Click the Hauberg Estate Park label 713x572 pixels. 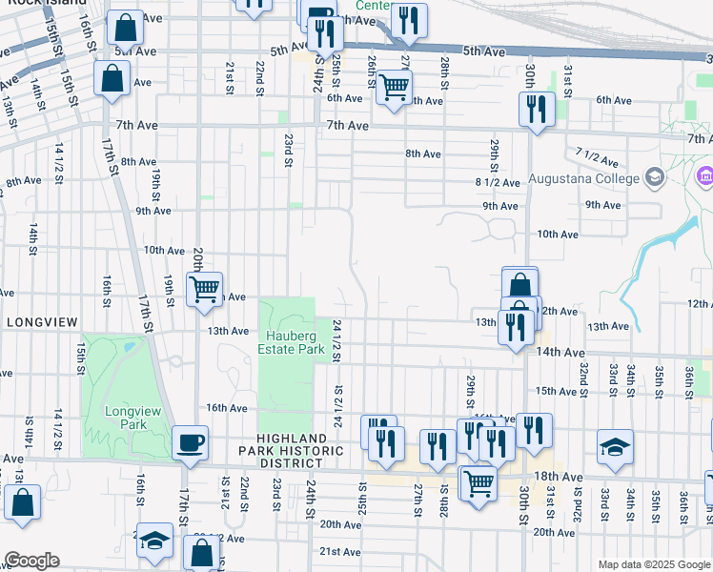click(x=291, y=343)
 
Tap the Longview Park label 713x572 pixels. click(x=129, y=417)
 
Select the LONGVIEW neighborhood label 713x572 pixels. click(x=41, y=322)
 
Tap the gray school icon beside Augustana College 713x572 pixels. click(x=654, y=176)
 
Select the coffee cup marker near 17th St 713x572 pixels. click(x=191, y=441)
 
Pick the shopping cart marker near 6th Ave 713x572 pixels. click(x=393, y=88)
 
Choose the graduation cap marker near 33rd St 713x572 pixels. click(x=615, y=445)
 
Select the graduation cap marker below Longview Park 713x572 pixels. click(x=153, y=541)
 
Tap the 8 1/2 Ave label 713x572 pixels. click(x=498, y=182)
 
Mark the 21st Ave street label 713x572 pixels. click(x=338, y=551)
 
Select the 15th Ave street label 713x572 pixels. click(x=557, y=391)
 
